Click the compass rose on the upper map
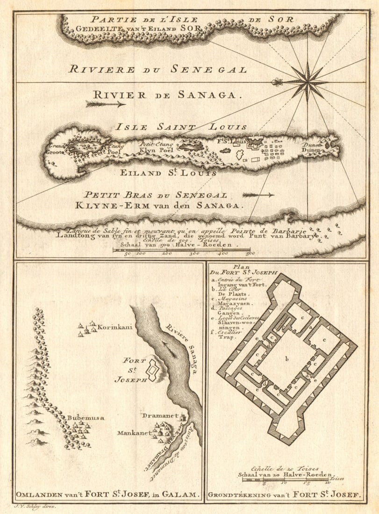[307, 82]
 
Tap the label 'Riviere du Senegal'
[157, 70]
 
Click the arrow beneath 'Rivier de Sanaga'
[106, 104]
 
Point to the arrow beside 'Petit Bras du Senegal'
[258, 194]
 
